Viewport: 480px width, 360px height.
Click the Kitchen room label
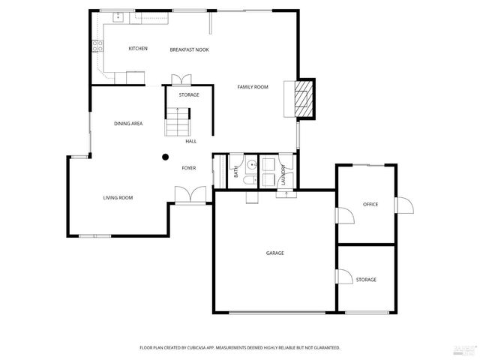(138, 49)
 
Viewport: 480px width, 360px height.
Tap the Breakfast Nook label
(189, 49)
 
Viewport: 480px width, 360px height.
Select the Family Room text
(253, 87)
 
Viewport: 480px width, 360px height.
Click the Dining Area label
(128, 123)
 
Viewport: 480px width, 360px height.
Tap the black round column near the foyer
(165, 157)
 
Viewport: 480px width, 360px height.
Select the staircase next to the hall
(178, 122)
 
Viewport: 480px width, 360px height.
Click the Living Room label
(118, 198)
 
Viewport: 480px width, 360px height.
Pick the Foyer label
(189, 168)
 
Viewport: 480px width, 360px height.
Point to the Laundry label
(283, 175)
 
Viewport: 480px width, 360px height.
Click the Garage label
(274, 253)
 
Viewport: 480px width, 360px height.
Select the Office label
(370, 204)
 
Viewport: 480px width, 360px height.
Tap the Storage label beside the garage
(366, 280)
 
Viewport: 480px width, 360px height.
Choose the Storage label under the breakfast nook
(189, 95)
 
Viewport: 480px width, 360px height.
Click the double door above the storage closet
(181, 79)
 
